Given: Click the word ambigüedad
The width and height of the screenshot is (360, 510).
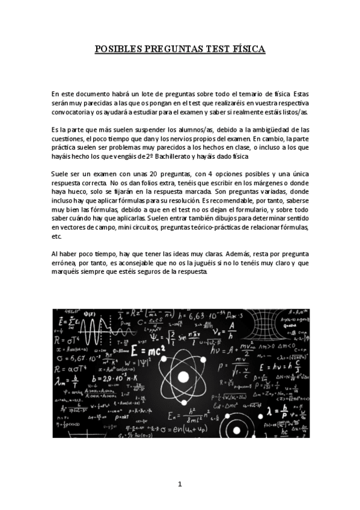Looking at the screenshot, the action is pos(270,129).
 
